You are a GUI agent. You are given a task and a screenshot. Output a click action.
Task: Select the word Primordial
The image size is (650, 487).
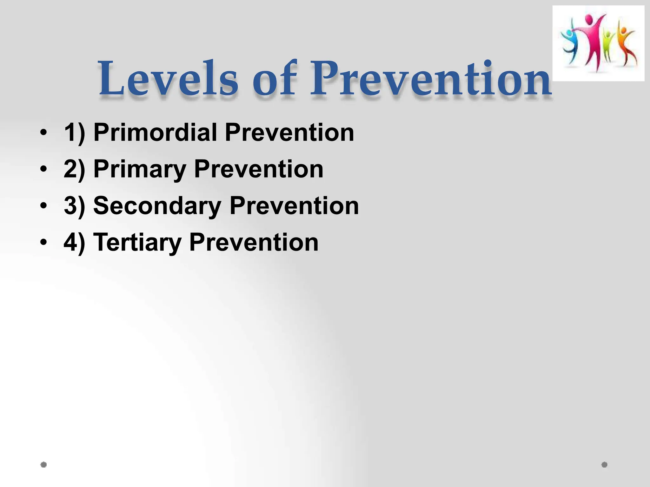click(155, 132)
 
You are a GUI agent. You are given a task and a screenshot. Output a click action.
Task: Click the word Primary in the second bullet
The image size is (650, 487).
click(140, 169)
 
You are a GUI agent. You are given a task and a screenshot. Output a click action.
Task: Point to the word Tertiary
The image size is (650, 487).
click(137, 242)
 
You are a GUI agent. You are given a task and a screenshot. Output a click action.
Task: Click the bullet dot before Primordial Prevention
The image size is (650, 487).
click(43, 132)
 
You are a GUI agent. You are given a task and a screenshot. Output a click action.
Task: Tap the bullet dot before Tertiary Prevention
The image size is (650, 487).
click(43, 242)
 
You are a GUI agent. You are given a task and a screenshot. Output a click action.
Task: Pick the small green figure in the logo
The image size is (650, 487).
click(608, 46)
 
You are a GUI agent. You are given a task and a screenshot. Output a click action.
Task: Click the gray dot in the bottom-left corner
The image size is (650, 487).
click(44, 464)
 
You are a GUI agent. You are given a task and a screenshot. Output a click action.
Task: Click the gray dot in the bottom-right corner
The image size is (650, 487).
click(604, 464)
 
